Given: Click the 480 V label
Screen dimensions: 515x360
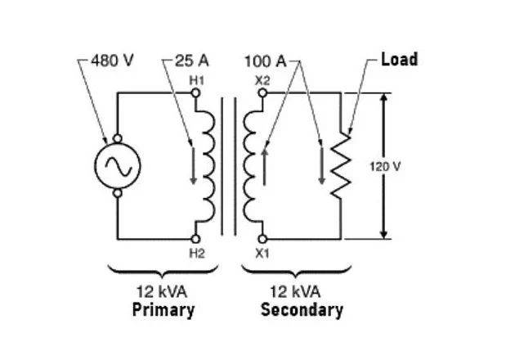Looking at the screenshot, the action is (x=112, y=61).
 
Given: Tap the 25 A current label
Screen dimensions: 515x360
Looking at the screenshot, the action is (x=192, y=61).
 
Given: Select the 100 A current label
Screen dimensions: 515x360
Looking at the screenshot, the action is (x=266, y=61).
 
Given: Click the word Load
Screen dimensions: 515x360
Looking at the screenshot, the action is (x=400, y=60).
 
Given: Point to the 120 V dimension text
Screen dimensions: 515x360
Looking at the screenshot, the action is (x=385, y=167).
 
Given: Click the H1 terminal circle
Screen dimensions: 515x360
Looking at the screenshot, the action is (x=195, y=93).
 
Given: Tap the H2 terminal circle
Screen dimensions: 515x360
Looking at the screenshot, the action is (x=195, y=239).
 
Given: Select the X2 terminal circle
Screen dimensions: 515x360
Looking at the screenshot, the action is (x=262, y=93).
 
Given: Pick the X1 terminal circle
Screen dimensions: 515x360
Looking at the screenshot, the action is (x=262, y=239).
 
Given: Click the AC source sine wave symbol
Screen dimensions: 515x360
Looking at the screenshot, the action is (x=118, y=166).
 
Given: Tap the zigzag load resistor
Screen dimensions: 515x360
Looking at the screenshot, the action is (x=341, y=166).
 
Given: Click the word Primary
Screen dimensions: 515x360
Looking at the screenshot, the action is (x=163, y=310).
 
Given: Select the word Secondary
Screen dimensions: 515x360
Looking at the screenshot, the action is (x=302, y=310).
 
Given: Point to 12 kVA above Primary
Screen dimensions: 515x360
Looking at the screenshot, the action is (x=162, y=291).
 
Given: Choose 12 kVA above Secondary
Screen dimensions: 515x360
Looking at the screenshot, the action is (x=295, y=291).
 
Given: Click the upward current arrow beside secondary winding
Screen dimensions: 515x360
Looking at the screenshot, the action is (x=264, y=167).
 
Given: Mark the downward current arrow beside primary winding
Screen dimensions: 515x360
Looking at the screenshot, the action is (x=194, y=166).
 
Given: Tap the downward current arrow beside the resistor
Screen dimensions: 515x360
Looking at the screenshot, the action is (x=322, y=166).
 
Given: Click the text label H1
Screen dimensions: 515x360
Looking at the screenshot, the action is (x=196, y=81).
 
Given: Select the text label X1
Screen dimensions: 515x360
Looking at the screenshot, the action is (x=262, y=253).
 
